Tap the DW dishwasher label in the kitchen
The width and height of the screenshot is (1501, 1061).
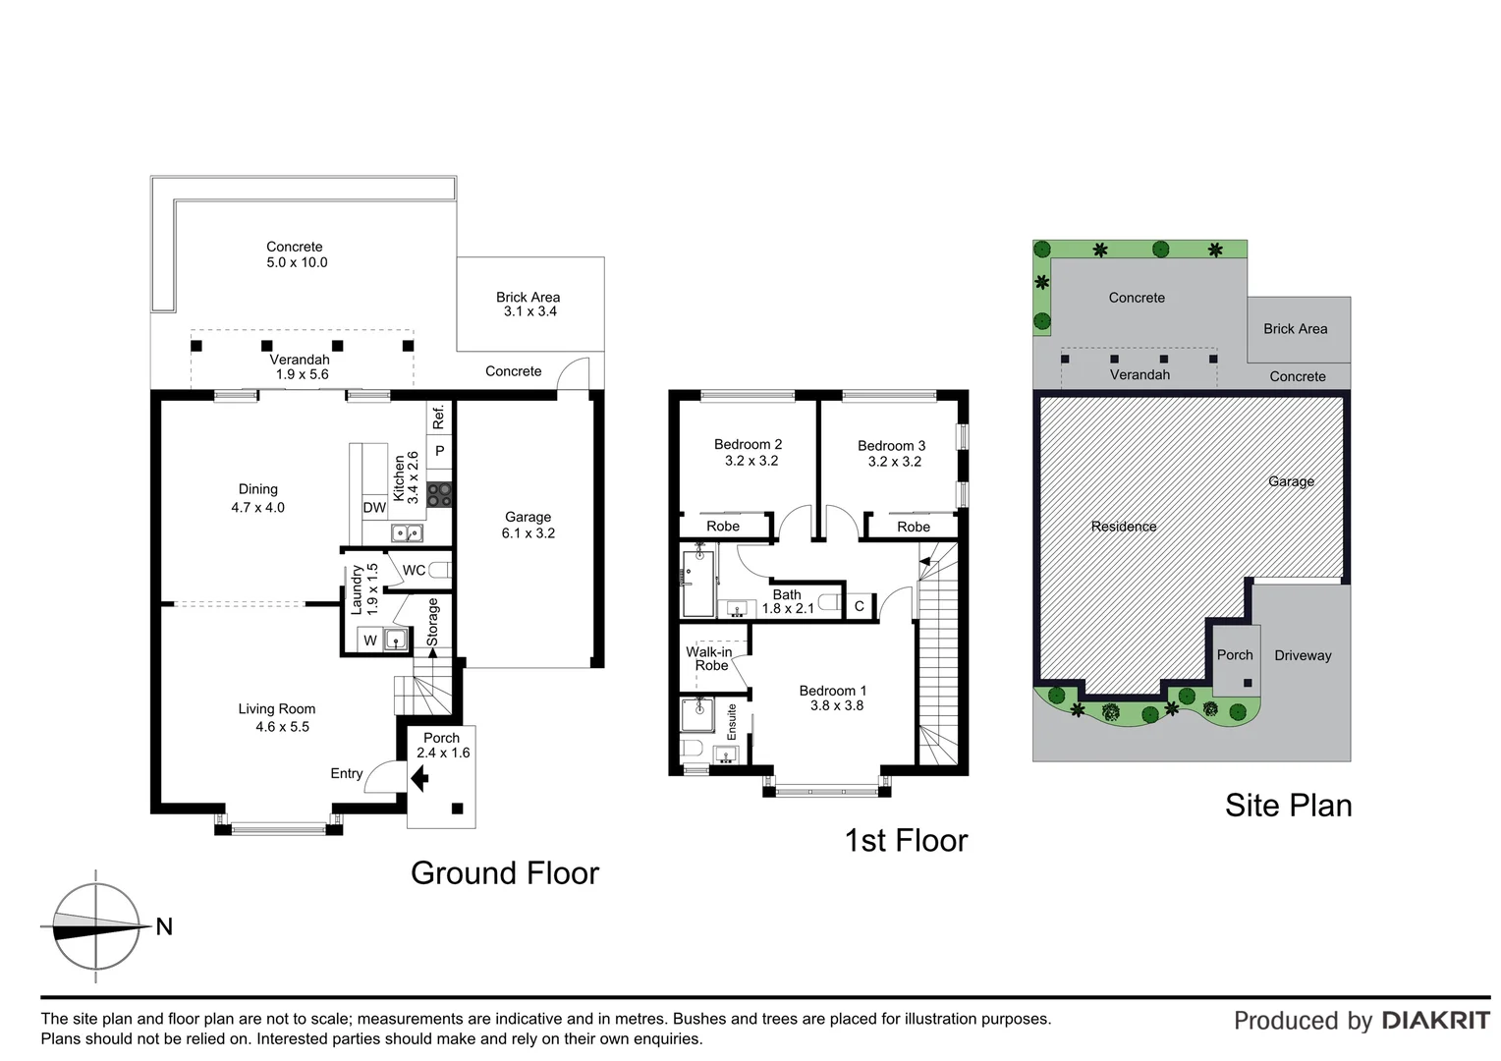click(x=374, y=508)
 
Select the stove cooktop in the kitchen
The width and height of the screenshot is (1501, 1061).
click(x=439, y=494)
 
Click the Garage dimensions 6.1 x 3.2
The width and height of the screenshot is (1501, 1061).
click(x=529, y=533)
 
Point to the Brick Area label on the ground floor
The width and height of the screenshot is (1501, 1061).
click(x=528, y=297)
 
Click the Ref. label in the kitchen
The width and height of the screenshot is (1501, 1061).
click(x=439, y=417)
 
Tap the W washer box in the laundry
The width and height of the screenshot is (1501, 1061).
click(x=370, y=641)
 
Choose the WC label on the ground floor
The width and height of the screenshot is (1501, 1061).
click(x=414, y=570)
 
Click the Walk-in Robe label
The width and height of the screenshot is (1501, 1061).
click(x=709, y=658)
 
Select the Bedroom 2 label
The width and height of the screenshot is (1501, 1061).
click(x=748, y=444)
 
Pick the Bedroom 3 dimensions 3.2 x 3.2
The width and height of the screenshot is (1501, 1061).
click(x=894, y=462)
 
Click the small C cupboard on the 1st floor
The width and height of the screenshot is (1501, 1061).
click(x=859, y=606)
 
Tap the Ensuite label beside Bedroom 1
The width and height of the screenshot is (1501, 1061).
click(x=732, y=722)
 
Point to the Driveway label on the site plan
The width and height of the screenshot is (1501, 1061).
click(x=1303, y=655)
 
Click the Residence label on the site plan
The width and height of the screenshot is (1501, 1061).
click(x=1124, y=527)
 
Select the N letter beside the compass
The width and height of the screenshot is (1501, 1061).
click(x=164, y=926)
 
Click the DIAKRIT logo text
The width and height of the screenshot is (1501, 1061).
click(x=1435, y=1021)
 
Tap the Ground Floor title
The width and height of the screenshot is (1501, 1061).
click(x=504, y=873)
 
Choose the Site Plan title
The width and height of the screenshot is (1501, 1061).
click(x=1288, y=806)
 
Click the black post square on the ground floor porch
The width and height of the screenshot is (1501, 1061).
click(x=457, y=809)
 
